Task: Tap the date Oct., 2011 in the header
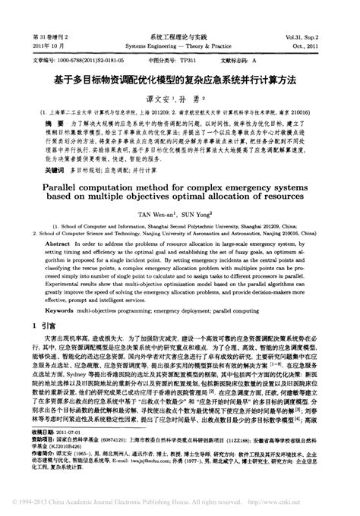(x=332, y=43)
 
